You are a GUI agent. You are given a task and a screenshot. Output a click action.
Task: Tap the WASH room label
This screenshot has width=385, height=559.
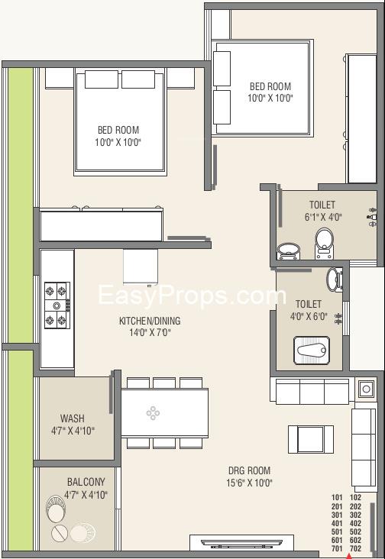pyautogui.click(x=73, y=418)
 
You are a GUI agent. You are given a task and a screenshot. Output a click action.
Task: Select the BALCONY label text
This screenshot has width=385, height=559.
pyautogui.click(x=86, y=482)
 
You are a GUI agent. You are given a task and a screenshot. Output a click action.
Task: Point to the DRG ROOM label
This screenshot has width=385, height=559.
pyautogui.click(x=249, y=470)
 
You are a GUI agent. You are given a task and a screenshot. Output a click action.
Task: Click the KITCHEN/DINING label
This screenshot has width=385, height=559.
pyautogui.click(x=144, y=321)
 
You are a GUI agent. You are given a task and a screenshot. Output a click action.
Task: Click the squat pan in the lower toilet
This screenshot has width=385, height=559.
pyautogui.click(x=312, y=352)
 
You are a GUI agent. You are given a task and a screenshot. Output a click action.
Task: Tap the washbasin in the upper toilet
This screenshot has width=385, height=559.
pyautogui.click(x=287, y=250)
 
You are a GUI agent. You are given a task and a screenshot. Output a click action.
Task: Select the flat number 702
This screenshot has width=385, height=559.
pyautogui.click(x=355, y=548)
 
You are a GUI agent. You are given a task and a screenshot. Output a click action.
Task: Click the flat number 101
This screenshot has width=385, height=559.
pyautogui.click(x=336, y=496)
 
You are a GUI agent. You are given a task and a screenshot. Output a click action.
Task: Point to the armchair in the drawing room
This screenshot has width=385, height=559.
pyautogui.click(x=304, y=438)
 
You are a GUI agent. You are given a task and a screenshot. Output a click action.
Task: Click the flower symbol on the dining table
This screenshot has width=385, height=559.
pyautogui.click(x=153, y=413)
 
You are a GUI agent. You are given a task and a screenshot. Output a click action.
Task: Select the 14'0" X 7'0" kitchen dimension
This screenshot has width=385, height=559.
pyautogui.click(x=144, y=333)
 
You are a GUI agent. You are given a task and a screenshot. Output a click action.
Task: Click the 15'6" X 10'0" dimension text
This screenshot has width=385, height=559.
pyautogui.click(x=249, y=483)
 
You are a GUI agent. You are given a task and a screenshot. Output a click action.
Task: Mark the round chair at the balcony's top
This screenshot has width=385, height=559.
pyautogui.click(x=58, y=506)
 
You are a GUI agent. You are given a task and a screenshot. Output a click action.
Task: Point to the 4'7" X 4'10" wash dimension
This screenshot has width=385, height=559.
pyautogui.click(x=73, y=431)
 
